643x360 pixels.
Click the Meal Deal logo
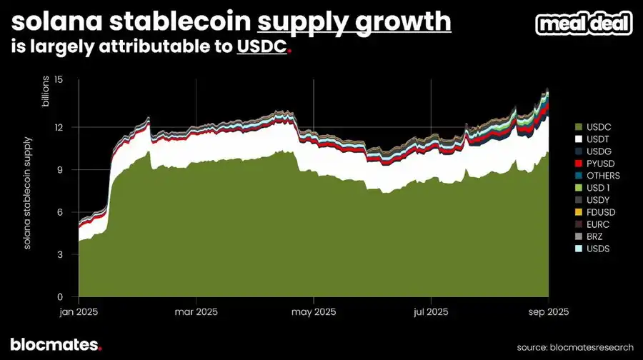pos(584,24)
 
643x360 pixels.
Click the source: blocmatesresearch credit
pos(575,346)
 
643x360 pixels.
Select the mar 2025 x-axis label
pos(196,312)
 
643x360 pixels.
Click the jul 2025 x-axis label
pos(431,312)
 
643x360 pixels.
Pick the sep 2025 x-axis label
pos(548,312)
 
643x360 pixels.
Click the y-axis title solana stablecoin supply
pos(27,191)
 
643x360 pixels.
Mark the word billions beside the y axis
pos(45,91)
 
